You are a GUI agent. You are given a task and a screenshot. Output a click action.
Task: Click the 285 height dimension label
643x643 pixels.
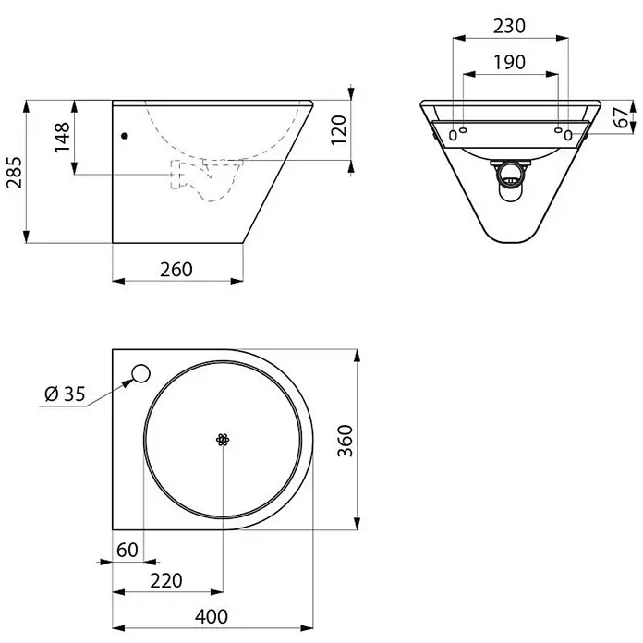tap(15, 172)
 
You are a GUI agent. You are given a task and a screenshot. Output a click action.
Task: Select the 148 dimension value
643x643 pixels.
tap(62, 138)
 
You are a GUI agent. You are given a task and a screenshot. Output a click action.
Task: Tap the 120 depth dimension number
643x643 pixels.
tap(339, 130)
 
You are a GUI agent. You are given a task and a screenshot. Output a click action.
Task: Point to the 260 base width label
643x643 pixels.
tap(176, 270)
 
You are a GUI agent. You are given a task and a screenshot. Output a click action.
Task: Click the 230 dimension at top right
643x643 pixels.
tap(509, 26)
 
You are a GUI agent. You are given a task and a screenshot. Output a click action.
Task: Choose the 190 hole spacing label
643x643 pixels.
tap(509, 62)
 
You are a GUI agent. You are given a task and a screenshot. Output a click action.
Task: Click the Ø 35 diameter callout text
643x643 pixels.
tap(65, 394)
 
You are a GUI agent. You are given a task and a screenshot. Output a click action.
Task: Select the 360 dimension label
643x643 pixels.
tap(345, 441)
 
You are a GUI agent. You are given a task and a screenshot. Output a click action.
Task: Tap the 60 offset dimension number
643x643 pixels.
tap(127, 550)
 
